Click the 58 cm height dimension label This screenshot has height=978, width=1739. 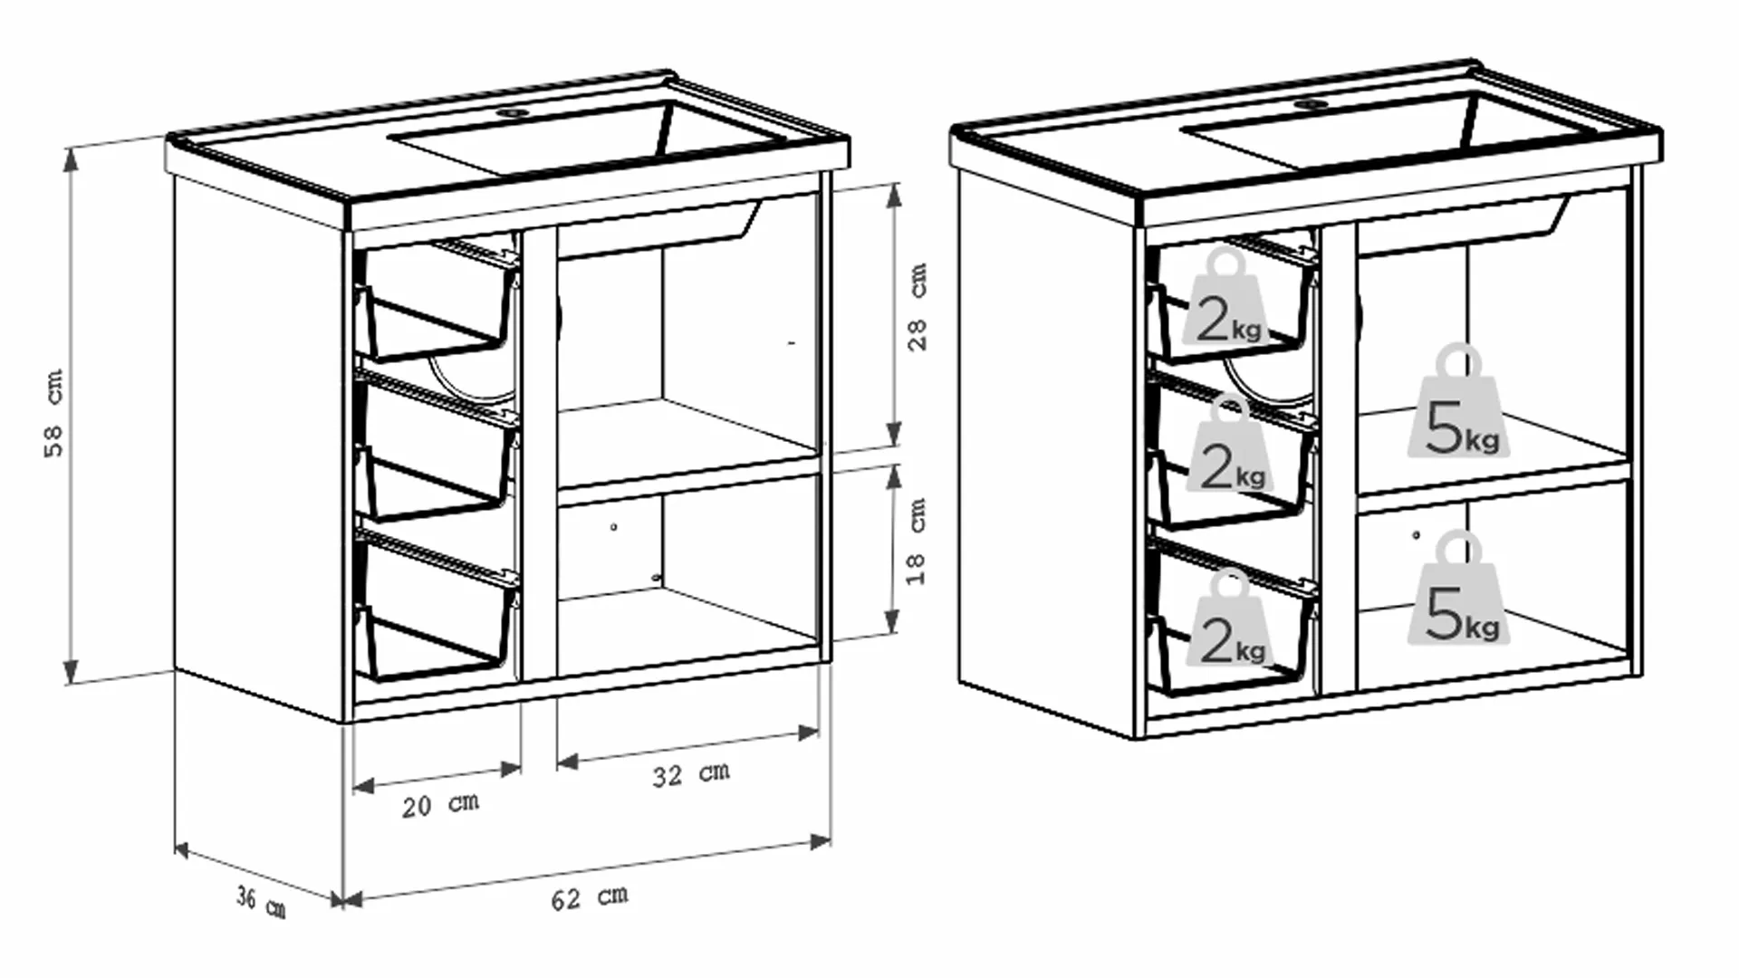tap(54, 413)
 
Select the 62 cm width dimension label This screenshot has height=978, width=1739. tap(590, 897)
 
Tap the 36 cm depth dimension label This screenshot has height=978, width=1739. tap(261, 902)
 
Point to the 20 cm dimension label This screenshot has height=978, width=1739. tap(440, 804)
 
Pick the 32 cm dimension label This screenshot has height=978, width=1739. tap(691, 774)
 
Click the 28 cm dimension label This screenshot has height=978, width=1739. tap(918, 307)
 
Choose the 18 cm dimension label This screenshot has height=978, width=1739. tap(916, 541)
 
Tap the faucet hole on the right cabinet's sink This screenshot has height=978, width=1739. tap(1309, 104)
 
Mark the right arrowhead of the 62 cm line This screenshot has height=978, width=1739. tap(820, 841)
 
